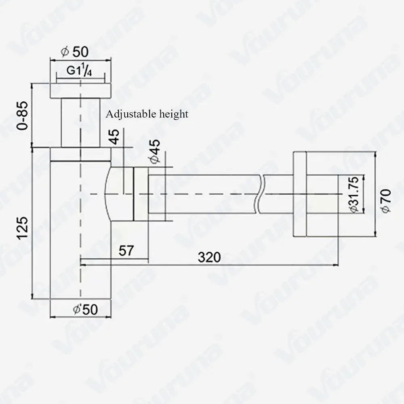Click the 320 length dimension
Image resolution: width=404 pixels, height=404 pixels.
209,257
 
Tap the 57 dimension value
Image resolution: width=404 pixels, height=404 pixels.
126,250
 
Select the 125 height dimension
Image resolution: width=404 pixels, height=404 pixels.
22,228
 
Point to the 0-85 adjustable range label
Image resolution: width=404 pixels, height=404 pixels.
22,116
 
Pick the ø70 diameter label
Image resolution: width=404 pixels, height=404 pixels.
386,201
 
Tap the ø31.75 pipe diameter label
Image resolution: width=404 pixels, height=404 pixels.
355,195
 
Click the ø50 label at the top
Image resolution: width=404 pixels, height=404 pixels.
75,52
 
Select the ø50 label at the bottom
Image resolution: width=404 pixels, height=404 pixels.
86,309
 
